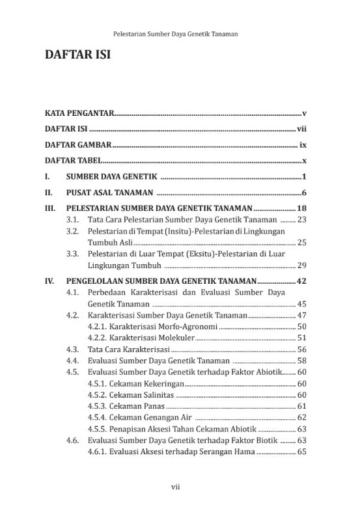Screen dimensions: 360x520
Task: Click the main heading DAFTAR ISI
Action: [x=77, y=55]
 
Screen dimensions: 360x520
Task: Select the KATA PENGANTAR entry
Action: [x=79, y=113]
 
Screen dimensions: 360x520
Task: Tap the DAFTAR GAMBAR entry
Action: [x=78, y=144]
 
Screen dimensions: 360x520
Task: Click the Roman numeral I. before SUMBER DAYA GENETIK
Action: [x=48, y=176]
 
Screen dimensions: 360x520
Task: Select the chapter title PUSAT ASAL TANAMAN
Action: [x=109, y=193]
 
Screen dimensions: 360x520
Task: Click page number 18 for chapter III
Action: [x=301, y=208]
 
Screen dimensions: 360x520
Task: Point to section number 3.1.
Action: [x=73, y=219]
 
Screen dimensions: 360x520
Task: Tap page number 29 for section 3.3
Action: [x=301, y=265]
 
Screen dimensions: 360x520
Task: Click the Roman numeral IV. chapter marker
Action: [x=49, y=281]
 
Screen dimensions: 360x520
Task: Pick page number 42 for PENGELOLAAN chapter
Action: [x=301, y=281]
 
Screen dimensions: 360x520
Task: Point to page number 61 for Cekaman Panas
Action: [x=301, y=405]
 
